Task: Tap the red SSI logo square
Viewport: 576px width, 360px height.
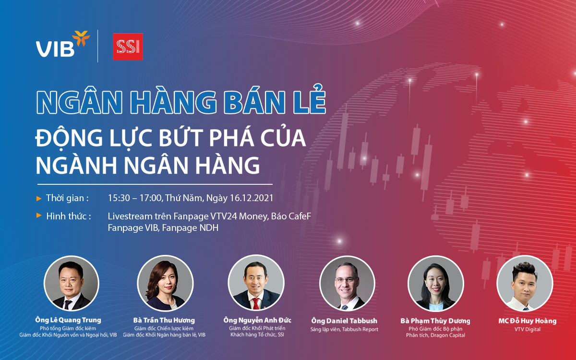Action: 128,47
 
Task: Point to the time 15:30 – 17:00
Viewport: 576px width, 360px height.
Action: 134,198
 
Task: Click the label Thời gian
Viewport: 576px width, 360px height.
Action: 67,198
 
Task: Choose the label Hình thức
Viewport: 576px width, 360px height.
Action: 69,216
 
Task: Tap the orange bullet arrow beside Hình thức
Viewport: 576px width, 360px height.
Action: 39,216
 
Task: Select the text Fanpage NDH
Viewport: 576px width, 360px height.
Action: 190,228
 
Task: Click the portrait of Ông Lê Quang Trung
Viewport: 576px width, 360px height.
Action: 72,283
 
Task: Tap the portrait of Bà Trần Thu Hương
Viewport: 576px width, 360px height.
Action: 165,283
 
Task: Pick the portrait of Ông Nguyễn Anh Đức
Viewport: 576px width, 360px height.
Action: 256,283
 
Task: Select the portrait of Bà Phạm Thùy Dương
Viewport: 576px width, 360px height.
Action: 435,283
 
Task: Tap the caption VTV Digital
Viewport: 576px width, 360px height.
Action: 524,329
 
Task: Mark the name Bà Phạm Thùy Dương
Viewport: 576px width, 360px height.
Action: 435,321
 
